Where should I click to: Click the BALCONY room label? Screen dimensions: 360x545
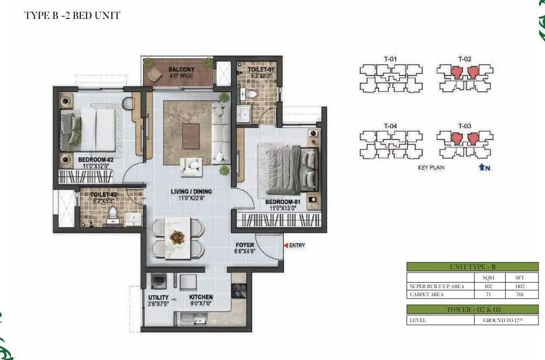177,70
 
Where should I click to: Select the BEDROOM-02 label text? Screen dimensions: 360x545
96,160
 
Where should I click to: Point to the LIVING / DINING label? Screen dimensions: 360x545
191,191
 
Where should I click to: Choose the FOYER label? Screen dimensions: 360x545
245,245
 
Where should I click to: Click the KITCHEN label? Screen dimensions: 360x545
201,297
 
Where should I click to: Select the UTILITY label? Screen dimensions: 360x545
158,297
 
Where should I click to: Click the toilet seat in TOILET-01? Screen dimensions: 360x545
251,94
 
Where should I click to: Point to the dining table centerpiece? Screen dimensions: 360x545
177,236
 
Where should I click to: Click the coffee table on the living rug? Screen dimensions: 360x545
191,136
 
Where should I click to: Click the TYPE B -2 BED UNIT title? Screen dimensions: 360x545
72,15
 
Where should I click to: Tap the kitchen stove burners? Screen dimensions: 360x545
239,290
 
